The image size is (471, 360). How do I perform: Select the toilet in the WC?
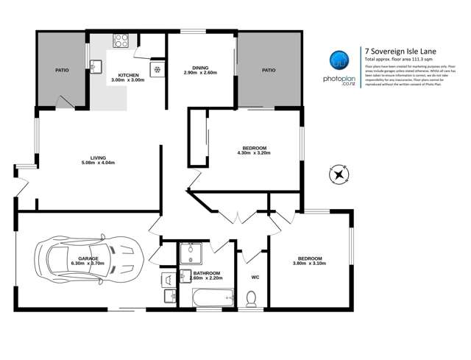tap(250, 297)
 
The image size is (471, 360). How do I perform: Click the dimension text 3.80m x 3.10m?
tap(308, 264)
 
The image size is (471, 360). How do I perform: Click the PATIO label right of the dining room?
tap(269, 70)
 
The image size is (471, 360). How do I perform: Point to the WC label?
tap(255, 278)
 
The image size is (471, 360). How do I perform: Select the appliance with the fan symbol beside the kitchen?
tap(156, 70)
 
